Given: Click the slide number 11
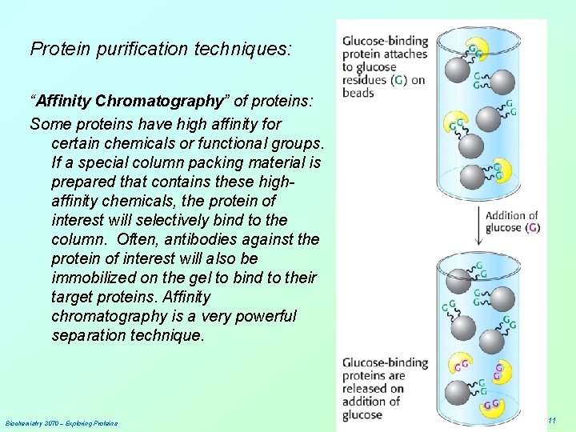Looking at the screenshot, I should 552,421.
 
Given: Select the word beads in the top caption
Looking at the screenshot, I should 358,93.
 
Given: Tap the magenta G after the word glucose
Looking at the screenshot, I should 533,228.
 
